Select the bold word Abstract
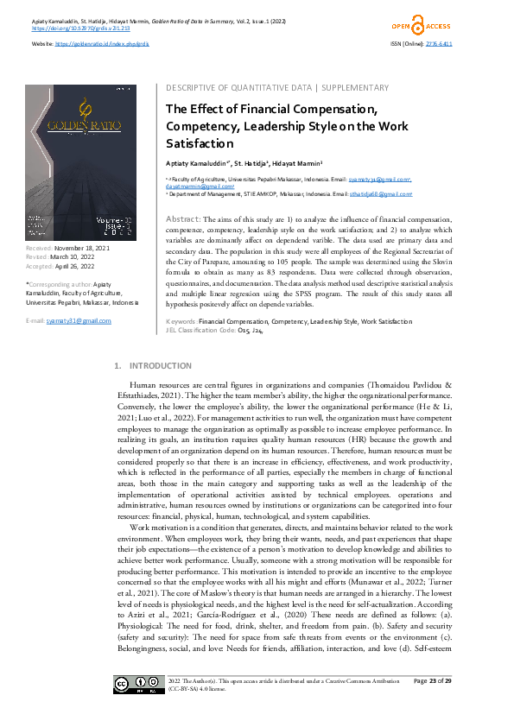[x=181, y=220]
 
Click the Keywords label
[x=181, y=296]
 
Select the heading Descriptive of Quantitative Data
[x=238, y=88]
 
